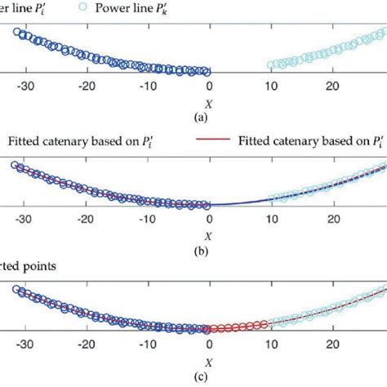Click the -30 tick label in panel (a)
[25, 85]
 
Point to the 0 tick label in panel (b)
[210, 220]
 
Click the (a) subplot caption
[209, 118]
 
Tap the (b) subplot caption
[209, 251]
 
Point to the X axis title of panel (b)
[209, 236]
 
